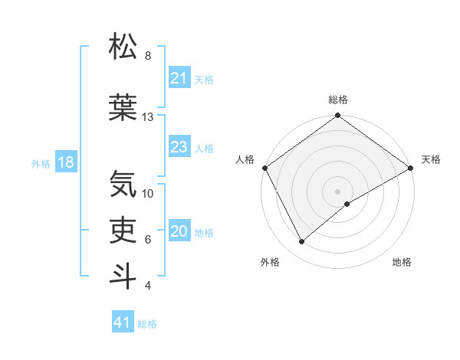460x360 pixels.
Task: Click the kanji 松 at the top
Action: pos(123,47)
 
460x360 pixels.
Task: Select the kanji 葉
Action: pos(123,108)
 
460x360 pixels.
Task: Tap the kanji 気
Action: pos(123,185)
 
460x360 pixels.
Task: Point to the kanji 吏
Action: pos(123,231)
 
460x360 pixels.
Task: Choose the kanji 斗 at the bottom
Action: pos(123,277)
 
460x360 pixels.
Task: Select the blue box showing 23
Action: pos(179,148)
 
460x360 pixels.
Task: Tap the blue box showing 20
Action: pos(179,232)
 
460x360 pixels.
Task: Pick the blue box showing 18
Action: pos(65,163)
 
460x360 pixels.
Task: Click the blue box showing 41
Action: pos(123,323)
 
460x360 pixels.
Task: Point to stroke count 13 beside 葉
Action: pos(148,117)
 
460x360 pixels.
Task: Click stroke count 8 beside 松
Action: pos(148,56)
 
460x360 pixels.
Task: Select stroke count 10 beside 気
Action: pos(148,194)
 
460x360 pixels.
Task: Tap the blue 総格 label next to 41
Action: pos(147,324)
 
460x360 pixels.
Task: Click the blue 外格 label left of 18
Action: pos(41,163)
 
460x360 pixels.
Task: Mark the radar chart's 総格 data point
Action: pos(337,116)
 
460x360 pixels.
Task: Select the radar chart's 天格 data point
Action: pos(411,168)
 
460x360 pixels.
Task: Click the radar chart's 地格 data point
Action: pos(347,204)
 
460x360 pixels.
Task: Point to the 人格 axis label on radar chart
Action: pos(245,159)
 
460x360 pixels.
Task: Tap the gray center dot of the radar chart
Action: pos(337,191)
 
